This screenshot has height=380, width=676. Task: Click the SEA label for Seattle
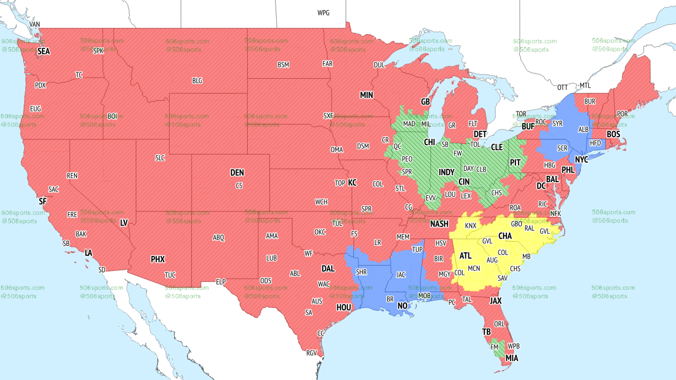pyautogui.click(x=44, y=51)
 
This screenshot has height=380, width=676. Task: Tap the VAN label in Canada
pyautogui.click(x=35, y=24)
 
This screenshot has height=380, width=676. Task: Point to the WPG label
pyautogui.click(x=323, y=13)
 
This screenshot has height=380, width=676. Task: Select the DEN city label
pyautogui.click(x=237, y=173)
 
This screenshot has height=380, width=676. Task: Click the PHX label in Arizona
pyautogui.click(x=158, y=259)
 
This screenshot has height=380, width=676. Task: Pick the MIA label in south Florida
pyautogui.click(x=512, y=358)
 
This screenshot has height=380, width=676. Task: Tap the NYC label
pyautogui.click(x=581, y=159)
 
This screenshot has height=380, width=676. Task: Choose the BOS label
pyautogui.click(x=613, y=135)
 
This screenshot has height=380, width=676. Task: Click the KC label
pyautogui.click(x=352, y=183)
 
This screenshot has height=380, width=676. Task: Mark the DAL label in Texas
pyautogui.click(x=328, y=269)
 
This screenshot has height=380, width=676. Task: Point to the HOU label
pyautogui.click(x=344, y=307)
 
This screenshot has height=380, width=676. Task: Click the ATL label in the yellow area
pyautogui.click(x=465, y=256)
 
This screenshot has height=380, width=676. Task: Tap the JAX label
pyautogui.click(x=495, y=301)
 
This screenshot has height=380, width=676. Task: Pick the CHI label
pyautogui.click(x=429, y=142)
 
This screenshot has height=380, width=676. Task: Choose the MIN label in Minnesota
pyautogui.click(x=367, y=96)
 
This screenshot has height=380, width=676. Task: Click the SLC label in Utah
pyautogui.click(x=160, y=157)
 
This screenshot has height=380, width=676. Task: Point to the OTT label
pyautogui.click(x=562, y=87)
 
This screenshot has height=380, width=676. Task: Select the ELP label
pyautogui.click(x=221, y=282)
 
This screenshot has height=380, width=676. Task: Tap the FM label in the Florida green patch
pyautogui.click(x=494, y=347)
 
